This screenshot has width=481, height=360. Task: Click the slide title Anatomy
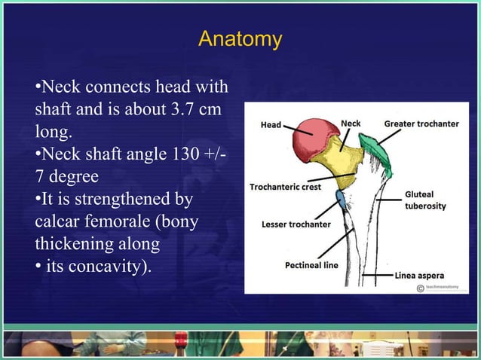pos(240,39)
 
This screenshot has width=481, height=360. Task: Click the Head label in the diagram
pos(271,124)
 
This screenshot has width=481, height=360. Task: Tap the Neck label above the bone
pos(351,123)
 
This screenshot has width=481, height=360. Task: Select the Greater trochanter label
pos(421,123)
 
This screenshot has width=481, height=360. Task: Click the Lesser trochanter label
pos(296,224)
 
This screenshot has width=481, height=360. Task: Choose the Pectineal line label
pos(311,265)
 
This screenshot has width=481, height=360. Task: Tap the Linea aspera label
pos(425,275)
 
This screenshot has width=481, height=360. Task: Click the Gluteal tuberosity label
pos(425,200)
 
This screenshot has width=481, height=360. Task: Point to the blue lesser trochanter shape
pos(340,199)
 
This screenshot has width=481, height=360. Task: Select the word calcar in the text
pos(59,224)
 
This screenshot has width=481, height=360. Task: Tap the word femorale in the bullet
pos(121,224)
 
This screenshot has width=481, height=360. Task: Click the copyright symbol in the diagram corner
pos(420,288)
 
